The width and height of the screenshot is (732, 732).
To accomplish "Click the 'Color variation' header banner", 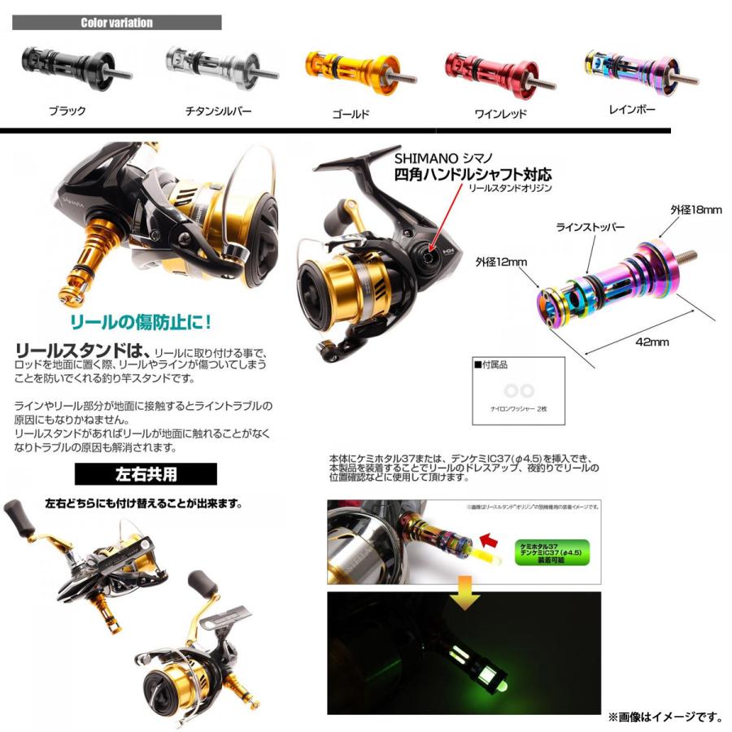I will pyautogui.click(x=117, y=23).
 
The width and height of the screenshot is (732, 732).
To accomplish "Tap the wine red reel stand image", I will pyautogui.click(x=498, y=72).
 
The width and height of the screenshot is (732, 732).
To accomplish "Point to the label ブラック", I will pyautogui.click(x=67, y=111).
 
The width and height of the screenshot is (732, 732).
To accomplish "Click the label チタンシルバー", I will pyautogui.click(x=219, y=111).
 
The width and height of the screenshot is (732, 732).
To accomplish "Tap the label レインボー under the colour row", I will pyautogui.click(x=632, y=109).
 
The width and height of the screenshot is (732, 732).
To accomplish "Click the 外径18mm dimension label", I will pyautogui.click(x=695, y=210).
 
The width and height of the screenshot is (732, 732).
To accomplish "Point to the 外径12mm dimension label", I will pyautogui.click(x=502, y=262).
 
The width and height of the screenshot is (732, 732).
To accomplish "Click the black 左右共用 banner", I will pyautogui.click(x=146, y=473).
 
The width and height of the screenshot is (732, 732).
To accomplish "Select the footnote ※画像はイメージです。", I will pyautogui.click(x=664, y=717).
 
